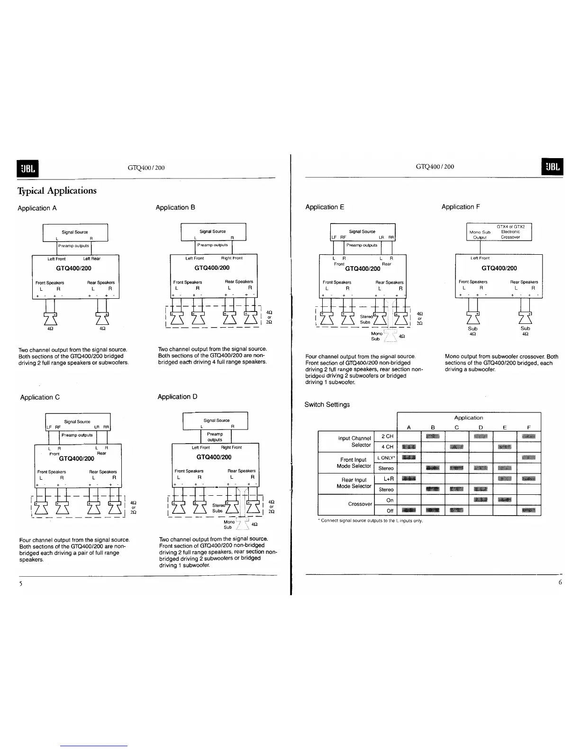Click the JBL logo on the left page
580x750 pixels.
coord(27,168)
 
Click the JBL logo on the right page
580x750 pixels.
coord(552,167)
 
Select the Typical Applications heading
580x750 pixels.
coord(57,191)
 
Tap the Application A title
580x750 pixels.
coord(37,208)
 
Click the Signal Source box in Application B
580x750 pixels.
coord(213,232)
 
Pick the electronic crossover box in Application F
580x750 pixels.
coord(499,232)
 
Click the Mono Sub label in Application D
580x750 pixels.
coord(229,525)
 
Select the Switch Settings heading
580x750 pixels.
coord(327,405)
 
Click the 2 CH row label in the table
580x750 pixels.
coord(387,437)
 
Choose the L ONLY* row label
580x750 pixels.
coord(386,458)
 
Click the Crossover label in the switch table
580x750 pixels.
coord(360,504)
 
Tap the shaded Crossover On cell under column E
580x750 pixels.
coord(505,500)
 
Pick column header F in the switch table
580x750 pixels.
coord(529,428)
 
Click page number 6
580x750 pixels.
coord(560,582)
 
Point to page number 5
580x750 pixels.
coord(21,583)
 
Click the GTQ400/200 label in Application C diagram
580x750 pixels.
coord(77,459)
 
